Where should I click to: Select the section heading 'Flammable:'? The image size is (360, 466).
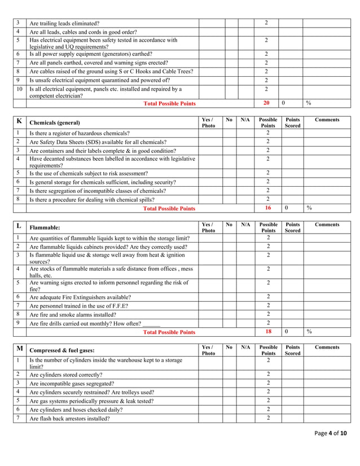[45, 228]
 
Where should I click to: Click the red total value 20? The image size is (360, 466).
[266, 103]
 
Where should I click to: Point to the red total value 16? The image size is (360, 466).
[267, 208]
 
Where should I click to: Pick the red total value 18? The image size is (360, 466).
[267, 332]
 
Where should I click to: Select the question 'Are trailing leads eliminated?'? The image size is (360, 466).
[64, 23]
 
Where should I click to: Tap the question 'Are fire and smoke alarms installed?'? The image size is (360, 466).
[76, 314]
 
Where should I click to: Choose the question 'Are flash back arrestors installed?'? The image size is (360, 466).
[69, 419]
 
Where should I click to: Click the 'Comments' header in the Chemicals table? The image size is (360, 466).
[327, 120]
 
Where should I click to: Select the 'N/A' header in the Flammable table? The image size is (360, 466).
[245, 225]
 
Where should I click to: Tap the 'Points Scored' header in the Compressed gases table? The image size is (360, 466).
[292, 350]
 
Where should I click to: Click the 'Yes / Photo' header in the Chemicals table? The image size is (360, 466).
[208, 122]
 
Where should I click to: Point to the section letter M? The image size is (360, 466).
[20, 348]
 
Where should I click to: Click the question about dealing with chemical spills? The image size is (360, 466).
[96, 200]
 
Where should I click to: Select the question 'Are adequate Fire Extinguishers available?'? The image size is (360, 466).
[80, 297]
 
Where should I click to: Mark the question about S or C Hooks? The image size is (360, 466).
[111, 71]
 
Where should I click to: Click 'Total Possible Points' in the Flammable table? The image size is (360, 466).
[169, 332]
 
